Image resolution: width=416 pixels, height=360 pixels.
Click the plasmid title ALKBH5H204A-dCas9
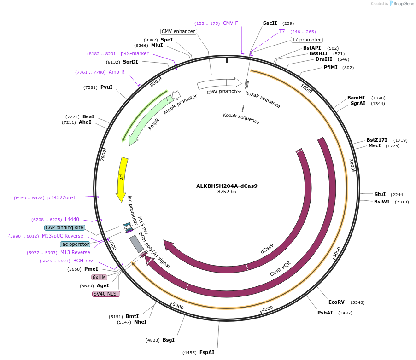click(227, 186)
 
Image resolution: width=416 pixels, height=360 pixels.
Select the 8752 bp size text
click(227, 192)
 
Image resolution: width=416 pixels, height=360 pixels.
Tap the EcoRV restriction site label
click(336, 302)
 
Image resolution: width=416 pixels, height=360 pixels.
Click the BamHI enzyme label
click(356, 98)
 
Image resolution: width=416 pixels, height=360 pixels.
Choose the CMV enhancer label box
click(178, 31)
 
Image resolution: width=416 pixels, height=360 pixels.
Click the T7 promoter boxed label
click(306, 40)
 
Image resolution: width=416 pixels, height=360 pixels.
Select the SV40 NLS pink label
click(106, 294)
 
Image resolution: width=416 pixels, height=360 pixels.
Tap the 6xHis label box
click(100, 277)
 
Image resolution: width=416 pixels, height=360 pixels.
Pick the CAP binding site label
click(64, 227)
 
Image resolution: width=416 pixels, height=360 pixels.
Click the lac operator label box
click(75, 244)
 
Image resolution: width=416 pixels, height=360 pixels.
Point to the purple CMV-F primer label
click(230, 23)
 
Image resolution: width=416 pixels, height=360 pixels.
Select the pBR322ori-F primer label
click(62, 197)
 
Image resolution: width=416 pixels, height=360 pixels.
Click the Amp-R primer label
click(117, 72)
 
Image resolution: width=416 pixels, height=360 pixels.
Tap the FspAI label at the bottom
click(207, 352)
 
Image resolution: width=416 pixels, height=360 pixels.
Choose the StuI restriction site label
click(380, 194)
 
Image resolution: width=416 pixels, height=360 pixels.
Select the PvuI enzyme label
click(106, 87)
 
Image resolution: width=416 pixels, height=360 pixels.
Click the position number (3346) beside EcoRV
click(357, 302)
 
